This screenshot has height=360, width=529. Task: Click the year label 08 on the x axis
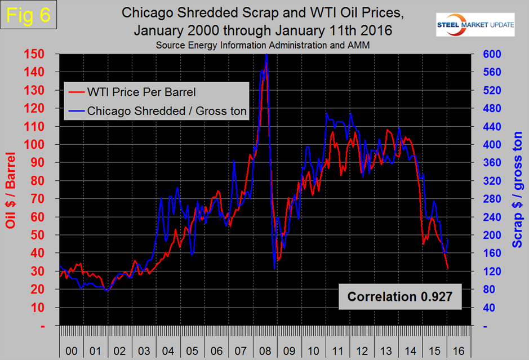click(x=265, y=351)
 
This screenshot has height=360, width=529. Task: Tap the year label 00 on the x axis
click(x=72, y=351)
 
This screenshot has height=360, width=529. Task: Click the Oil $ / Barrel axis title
click(x=10, y=190)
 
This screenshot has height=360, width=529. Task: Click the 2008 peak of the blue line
click(x=266, y=55)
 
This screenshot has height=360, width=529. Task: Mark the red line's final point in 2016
click(x=447, y=269)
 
